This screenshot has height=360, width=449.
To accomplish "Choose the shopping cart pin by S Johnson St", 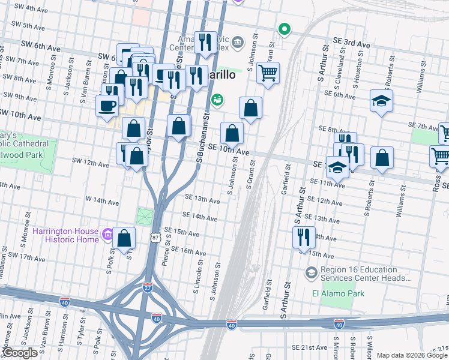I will pos(268,73).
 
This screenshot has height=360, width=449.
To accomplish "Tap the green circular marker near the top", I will pos(284,29).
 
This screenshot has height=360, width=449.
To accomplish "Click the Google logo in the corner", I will pos(19,353).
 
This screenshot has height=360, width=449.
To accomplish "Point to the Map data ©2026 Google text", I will pos(412,355).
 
